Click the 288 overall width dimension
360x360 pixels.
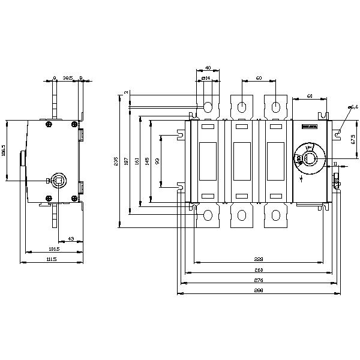[x=259, y=290]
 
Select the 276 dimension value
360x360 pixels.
[x=259, y=280]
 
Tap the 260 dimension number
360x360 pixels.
[x=259, y=270]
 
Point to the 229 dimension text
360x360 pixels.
[x=259, y=259]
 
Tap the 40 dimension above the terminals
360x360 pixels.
[x=208, y=67]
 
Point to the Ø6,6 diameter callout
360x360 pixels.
[x=353, y=107]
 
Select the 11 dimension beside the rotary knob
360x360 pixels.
[x=335, y=163]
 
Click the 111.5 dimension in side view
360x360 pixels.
[x=52, y=259]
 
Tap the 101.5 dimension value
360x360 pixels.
[x=54, y=248]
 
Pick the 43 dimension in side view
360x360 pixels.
[x=71, y=239]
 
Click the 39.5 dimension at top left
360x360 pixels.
[x=68, y=77]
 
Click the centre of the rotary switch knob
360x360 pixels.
[x=309, y=158]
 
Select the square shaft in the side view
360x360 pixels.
[x=59, y=179]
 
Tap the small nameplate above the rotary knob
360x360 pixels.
[x=309, y=127]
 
